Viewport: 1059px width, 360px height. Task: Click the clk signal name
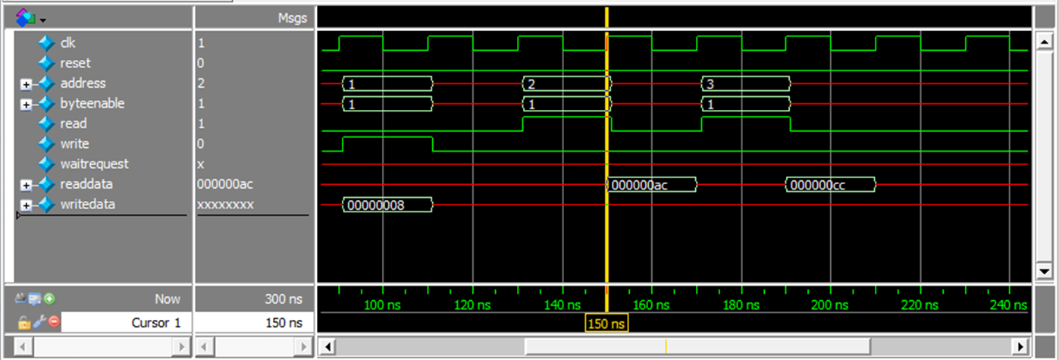pos(68,43)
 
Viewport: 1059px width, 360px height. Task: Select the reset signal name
pos(75,64)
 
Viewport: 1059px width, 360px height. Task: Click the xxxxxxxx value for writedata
pos(225,205)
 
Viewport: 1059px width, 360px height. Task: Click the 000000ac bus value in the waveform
pos(650,184)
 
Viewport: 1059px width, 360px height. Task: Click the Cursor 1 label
pos(155,322)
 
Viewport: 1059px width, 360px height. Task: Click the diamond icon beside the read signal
pos(47,124)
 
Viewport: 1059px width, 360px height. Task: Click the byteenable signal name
pos(92,104)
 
